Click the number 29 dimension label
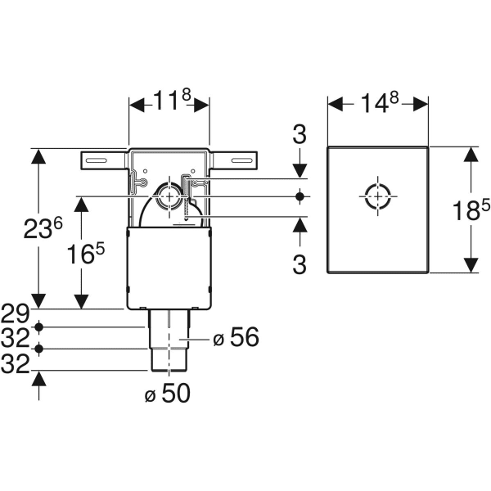pyautogui.click(x=16, y=313)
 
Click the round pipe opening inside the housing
pyautogui.click(x=169, y=196)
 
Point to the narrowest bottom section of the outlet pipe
pyautogui.click(x=169, y=358)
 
